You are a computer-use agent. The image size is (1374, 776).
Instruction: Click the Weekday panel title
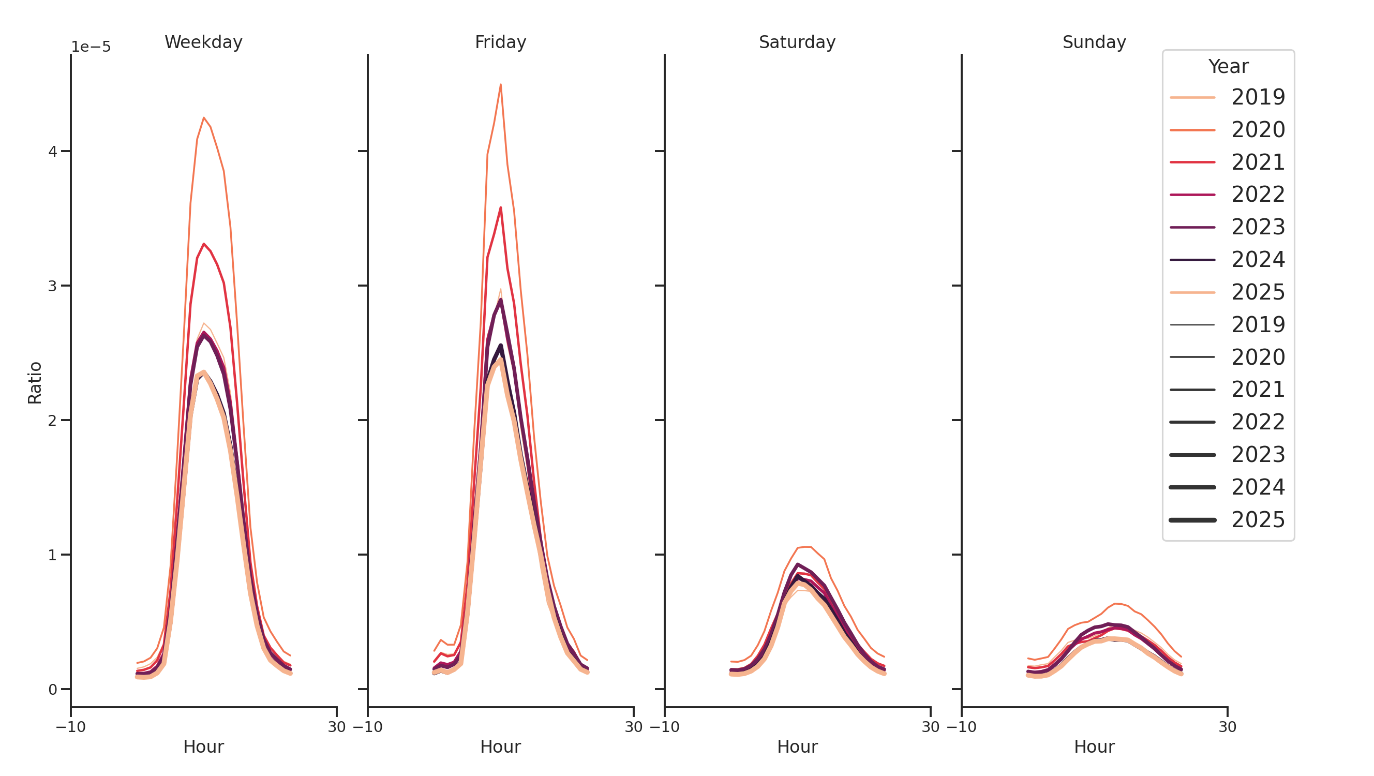tap(203, 42)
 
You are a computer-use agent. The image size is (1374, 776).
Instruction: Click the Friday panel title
tap(500, 42)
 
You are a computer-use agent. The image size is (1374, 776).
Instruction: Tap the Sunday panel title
tap(1094, 42)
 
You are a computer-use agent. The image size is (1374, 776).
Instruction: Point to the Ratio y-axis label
tap(35, 382)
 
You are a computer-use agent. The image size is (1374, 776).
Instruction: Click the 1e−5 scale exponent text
tap(91, 47)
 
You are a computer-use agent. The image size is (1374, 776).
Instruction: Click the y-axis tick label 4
tap(52, 152)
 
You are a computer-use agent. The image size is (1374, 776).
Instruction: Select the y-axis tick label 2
tap(52, 420)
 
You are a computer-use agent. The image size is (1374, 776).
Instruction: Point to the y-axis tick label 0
tap(52, 690)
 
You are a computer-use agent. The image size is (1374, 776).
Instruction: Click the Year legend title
tap(1227, 67)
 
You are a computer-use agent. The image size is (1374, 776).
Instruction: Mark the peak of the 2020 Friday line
tap(500, 84)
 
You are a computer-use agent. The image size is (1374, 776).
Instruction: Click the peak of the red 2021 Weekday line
tap(204, 244)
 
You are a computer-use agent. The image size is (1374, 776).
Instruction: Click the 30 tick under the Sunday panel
tap(1227, 726)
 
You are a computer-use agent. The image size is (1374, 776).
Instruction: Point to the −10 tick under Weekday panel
tap(71, 726)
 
